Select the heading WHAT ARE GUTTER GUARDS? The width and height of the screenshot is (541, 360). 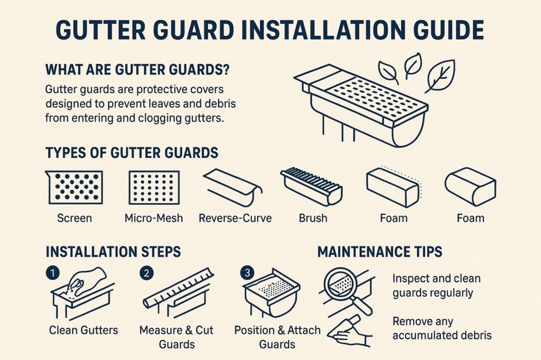tap(137, 70)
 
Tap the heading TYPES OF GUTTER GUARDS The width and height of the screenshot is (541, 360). tap(132, 153)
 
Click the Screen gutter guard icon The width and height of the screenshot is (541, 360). tap(74, 187)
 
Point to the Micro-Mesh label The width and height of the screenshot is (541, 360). tap(154, 218)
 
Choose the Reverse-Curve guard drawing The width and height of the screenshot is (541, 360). tap(233, 186)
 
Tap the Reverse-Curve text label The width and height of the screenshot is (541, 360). tap(235, 218)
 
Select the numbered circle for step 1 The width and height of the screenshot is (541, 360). tap(52, 273)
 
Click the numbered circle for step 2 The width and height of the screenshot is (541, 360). tap(146, 273)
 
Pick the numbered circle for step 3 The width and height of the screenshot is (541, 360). tap(247, 273)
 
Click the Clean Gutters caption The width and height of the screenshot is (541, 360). tap(83, 330)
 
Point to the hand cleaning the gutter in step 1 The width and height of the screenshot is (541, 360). tap(86, 281)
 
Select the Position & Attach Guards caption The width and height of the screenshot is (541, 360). tap(277, 337)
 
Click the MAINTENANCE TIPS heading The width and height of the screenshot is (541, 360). tap(379, 252)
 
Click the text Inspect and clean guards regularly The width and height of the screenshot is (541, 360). tap(436, 286)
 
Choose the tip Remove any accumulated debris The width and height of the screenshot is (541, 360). tap(442, 328)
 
